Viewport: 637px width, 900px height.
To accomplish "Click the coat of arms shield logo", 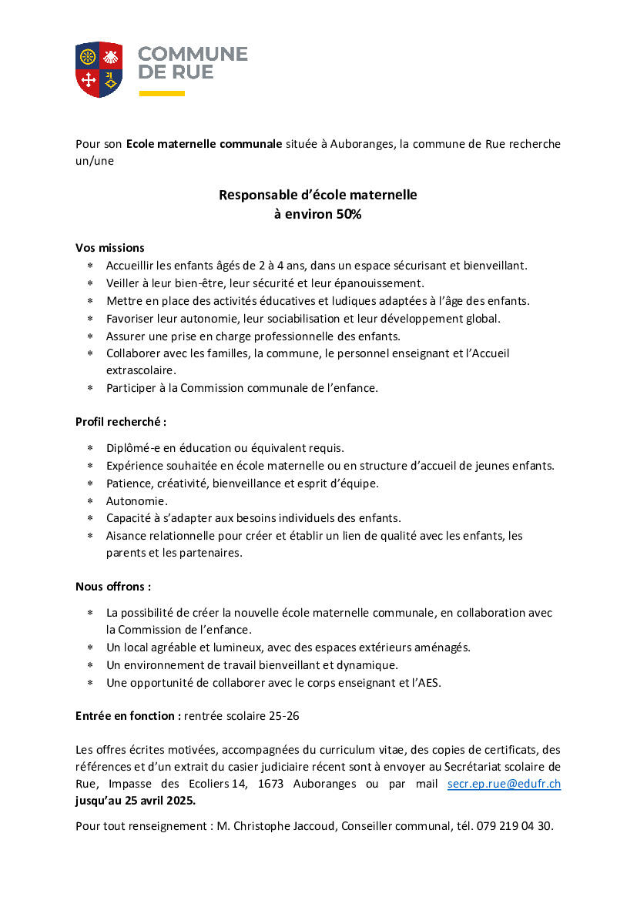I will point(99,69).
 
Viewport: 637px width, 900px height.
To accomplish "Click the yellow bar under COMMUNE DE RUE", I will point(162,93).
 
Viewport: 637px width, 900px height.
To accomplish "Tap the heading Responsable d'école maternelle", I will point(317,195).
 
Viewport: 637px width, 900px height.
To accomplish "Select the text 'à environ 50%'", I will point(317,215).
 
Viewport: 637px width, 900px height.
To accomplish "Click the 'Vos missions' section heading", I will point(110,247).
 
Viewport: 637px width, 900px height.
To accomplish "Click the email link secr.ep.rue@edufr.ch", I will point(504,784).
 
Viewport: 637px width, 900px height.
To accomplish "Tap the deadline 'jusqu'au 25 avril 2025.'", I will point(136,800).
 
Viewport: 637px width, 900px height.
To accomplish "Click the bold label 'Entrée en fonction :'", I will point(128,715).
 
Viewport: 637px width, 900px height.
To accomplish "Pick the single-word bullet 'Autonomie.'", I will point(137,500).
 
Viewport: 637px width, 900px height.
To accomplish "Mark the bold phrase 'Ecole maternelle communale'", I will point(204,144).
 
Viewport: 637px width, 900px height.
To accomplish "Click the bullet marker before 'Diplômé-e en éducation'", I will point(90,447).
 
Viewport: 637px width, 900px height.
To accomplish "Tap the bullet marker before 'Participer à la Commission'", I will point(90,388).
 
